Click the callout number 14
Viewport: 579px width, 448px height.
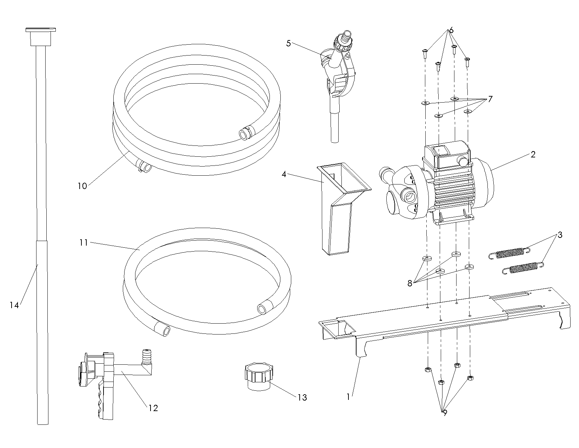tap(14, 305)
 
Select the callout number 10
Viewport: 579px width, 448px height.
tap(82, 186)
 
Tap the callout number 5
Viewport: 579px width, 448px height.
tap(288, 44)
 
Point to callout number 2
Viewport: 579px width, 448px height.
tap(533, 154)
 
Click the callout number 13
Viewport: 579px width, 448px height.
tap(302, 397)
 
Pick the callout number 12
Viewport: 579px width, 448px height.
tap(153, 408)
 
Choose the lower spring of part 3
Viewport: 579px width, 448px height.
tap(523, 268)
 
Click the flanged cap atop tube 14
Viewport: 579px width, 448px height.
tap(40, 36)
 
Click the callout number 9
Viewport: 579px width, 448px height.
tap(445, 413)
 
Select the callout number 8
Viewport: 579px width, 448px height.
tap(410, 283)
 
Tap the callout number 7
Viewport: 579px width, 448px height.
tap(490, 99)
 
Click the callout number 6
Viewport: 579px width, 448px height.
tap(451, 30)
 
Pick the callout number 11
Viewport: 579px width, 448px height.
tap(83, 242)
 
